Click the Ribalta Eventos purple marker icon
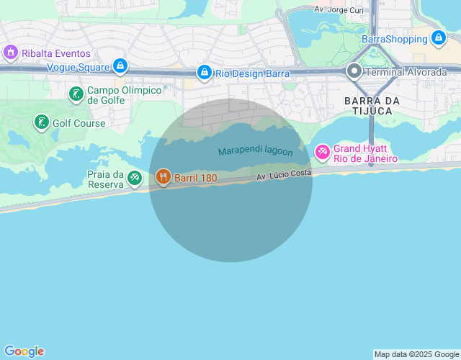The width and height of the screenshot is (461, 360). (x=11, y=53)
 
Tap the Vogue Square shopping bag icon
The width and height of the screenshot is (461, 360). (x=120, y=67)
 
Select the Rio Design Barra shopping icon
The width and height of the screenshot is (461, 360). (x=205, y=73)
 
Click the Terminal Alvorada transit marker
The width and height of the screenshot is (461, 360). (x=354, y=71)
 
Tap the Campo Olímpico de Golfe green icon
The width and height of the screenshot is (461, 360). (x=76, y=94)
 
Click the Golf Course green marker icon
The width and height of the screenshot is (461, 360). (x=41, y=122)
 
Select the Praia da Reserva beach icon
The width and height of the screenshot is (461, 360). (x=135, y=177)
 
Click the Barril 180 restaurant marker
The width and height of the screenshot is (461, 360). (x=164, y=176)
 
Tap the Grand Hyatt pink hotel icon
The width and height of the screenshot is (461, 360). (x=322, y=152)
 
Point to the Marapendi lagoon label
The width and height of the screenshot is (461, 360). (x=256, y=151)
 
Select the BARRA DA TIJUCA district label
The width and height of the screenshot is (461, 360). (x=368, y=105)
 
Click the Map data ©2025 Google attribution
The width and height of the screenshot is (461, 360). (x=416, y=354)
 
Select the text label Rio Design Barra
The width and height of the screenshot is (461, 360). (x=252, y=73)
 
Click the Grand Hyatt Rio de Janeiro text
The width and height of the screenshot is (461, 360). (x=365, y=153)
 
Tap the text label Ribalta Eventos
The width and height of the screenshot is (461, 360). (x=56, y=53)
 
